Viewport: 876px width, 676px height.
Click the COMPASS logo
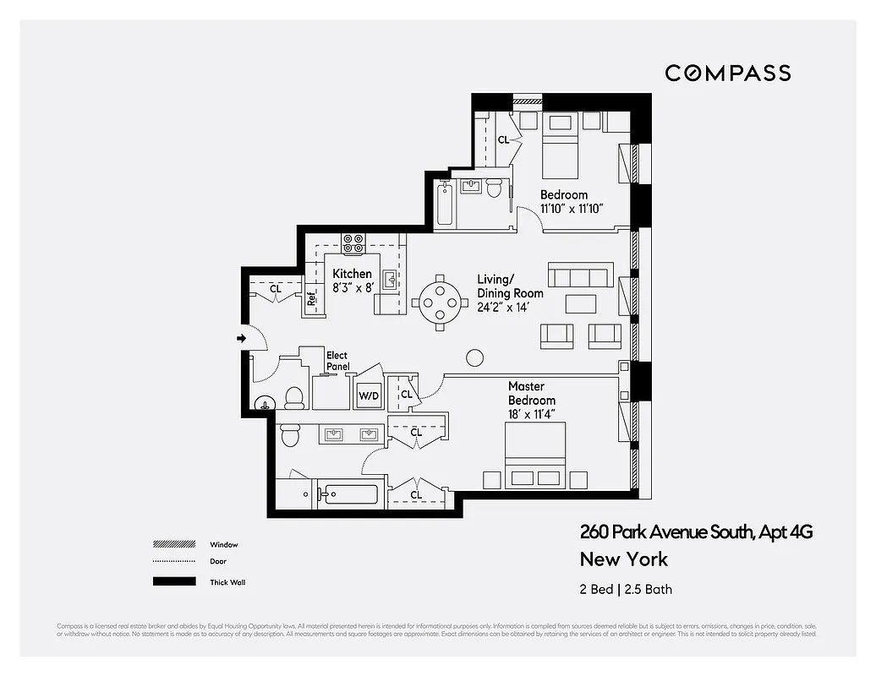(727, 73)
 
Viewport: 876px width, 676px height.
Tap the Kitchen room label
(352, 274)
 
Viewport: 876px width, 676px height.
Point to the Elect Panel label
(337, 361)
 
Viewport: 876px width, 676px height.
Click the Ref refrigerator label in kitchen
(312, 297)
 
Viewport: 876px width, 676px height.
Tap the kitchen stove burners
(353, 243)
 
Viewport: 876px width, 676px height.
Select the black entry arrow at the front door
(241, 339)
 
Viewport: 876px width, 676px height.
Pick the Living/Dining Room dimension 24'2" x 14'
(511, 308)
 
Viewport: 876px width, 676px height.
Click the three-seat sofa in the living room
(580, 275)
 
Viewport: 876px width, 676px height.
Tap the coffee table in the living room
(581, 303)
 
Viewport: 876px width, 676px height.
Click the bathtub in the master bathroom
(350, 493)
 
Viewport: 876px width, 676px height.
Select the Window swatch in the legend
(173, 545)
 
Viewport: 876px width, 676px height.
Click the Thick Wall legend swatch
(173, 582)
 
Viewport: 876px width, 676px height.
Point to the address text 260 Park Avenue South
(696, 532)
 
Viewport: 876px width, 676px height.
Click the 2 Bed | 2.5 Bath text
(626, 589)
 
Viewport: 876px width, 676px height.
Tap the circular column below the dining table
(474, 357)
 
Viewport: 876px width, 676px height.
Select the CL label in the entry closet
(275, 289)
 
